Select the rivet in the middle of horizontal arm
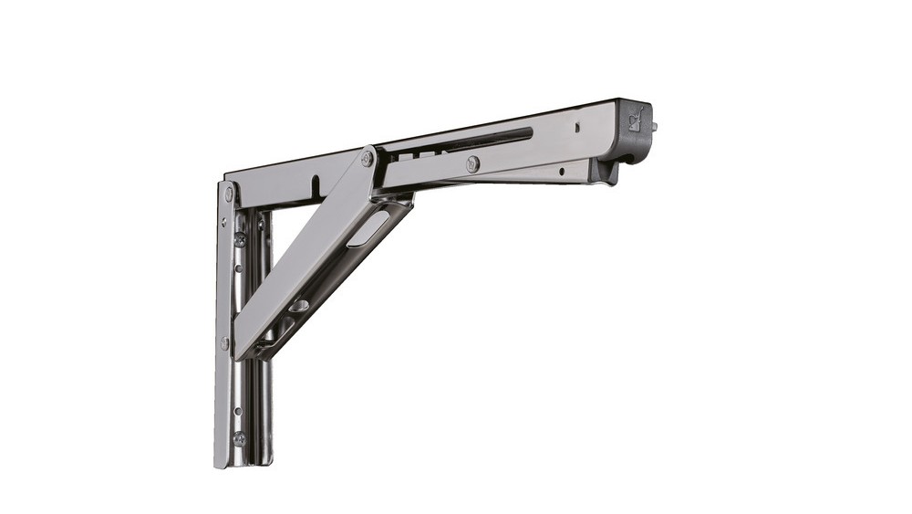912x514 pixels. click(x=472, y=163)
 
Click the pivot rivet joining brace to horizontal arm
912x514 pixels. click(x=368, y=159)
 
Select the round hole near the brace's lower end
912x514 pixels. click(x=298, y=305)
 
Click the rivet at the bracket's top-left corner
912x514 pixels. click(x=228, y=194)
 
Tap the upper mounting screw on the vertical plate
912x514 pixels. click(x=240, y=239)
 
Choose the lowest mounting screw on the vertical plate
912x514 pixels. click(x=239, y=438)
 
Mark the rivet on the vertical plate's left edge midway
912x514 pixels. click(x=224, y=343)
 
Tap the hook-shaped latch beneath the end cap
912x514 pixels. click(x=606, y=173)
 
